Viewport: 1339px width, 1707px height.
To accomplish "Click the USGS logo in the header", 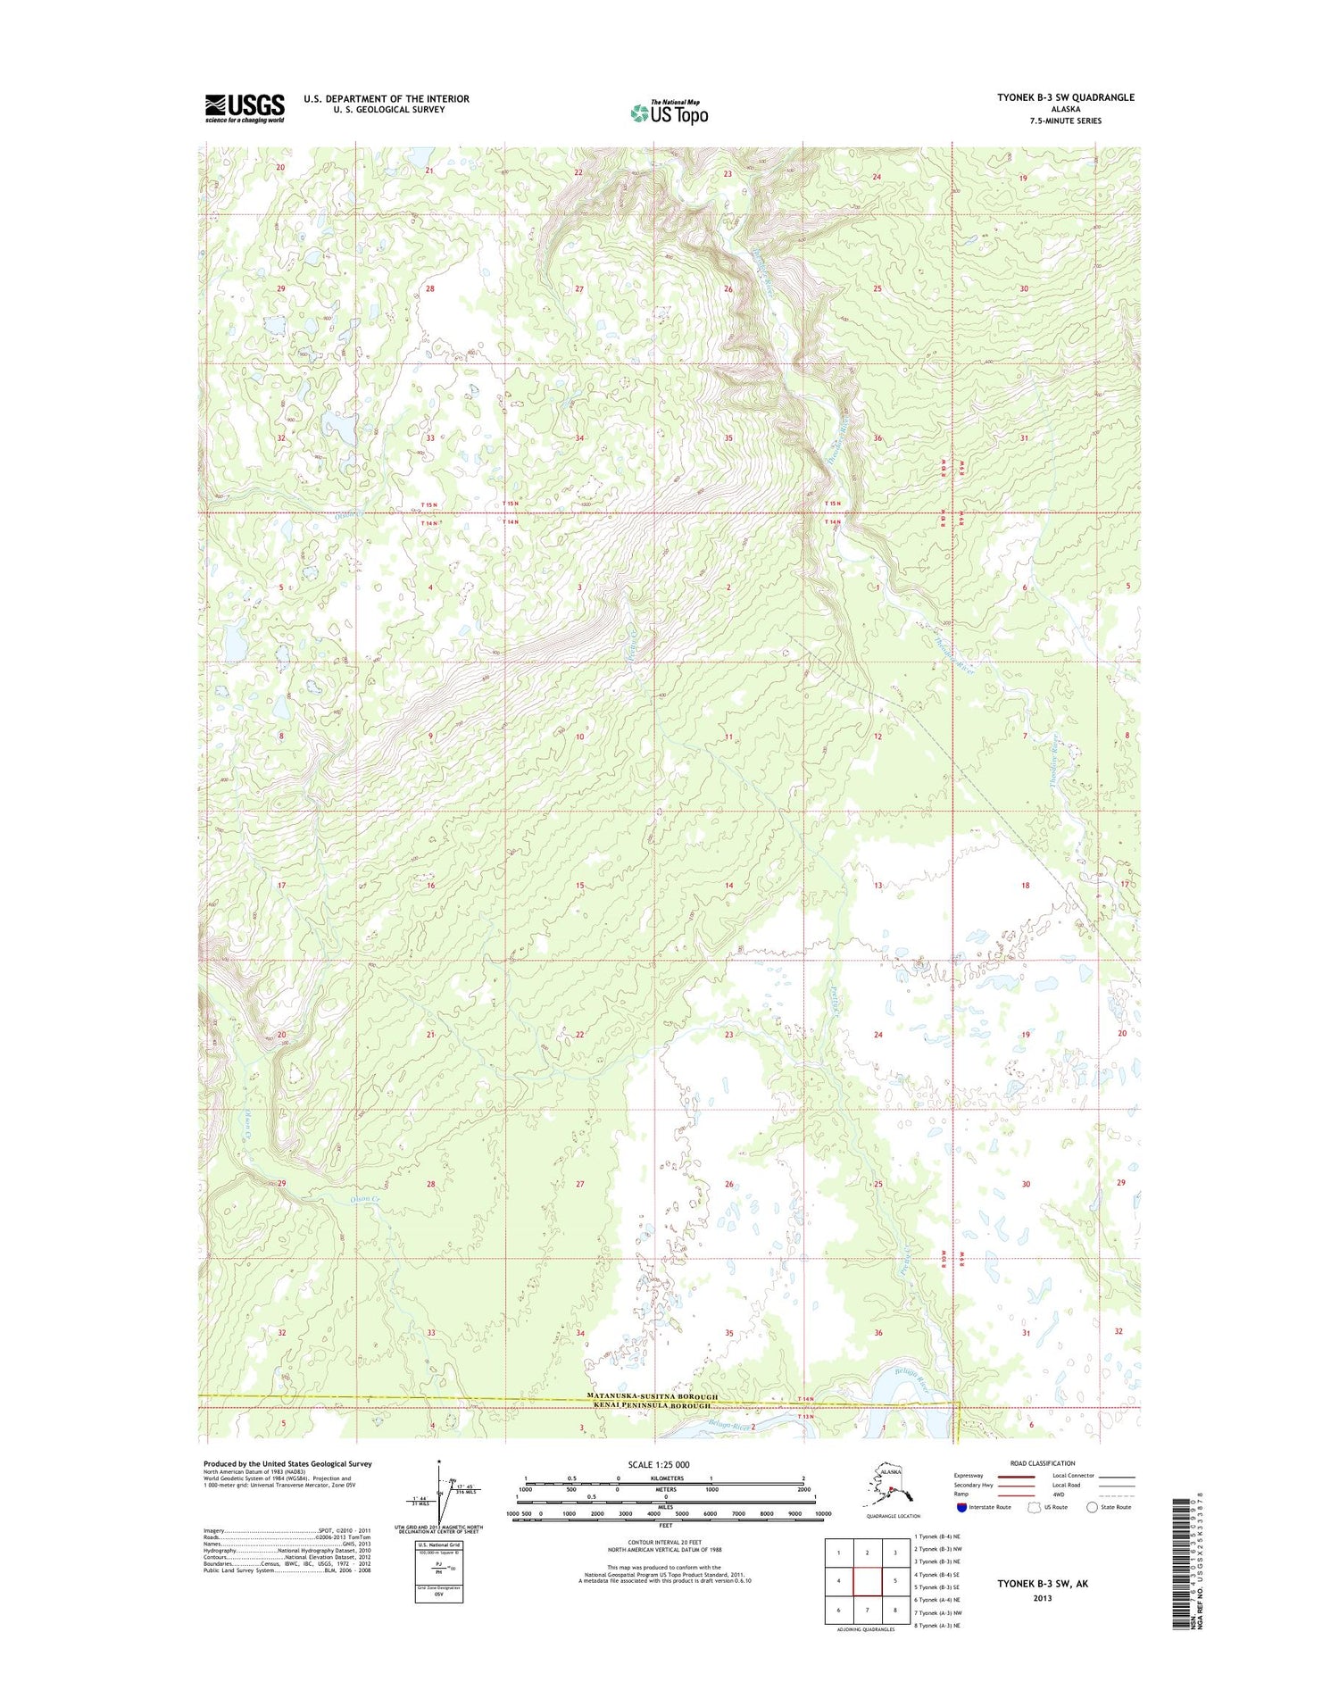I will tap(245, 108).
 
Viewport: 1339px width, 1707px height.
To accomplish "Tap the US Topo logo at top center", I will tap(669, 112).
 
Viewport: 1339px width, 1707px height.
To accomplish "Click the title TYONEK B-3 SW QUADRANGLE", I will tap(1066, 97).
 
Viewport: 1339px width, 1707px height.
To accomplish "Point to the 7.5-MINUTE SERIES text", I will tap(1066, 121).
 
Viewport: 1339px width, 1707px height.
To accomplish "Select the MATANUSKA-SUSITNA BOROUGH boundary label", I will tap(653, 1395).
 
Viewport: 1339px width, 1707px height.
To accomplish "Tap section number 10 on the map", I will tap(579, 737).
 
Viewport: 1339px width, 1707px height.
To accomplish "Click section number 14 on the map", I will tap(728, 886).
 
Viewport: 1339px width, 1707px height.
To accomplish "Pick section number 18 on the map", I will tap(1025, 886).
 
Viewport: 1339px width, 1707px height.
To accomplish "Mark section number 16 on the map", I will tap(430, 886).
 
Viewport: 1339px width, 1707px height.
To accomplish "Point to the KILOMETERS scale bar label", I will tap(666, 1478).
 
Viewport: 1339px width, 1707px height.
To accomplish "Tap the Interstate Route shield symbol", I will tap(961, 1507).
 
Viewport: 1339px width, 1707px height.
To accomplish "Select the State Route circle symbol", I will tap(1092, 1507).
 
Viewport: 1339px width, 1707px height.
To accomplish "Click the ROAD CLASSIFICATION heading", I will tap(1042, 1463).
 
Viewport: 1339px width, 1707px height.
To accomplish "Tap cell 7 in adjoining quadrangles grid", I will tap(868, 1610).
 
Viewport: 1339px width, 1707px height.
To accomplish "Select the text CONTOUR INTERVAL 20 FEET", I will tap(666, 1542).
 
